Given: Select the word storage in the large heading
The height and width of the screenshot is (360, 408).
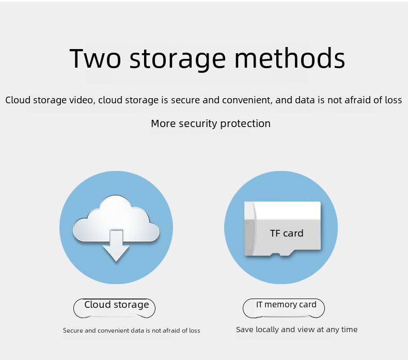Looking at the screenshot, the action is [178, 60].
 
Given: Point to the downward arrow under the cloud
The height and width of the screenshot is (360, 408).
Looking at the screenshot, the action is [116, 246].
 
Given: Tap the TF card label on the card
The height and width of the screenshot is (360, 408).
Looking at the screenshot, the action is [287, 233].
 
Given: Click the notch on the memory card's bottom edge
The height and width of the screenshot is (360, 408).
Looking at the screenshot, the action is [283, 253].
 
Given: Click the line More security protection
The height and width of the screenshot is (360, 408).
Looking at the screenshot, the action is [211, 123].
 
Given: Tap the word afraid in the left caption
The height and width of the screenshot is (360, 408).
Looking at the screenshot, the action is [171, 331].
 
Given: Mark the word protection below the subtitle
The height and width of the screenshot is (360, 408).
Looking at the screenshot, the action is [245, 123].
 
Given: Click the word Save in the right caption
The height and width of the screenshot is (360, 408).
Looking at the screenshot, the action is [245, 330].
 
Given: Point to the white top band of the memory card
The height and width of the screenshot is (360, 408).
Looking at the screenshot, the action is [286, 210].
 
